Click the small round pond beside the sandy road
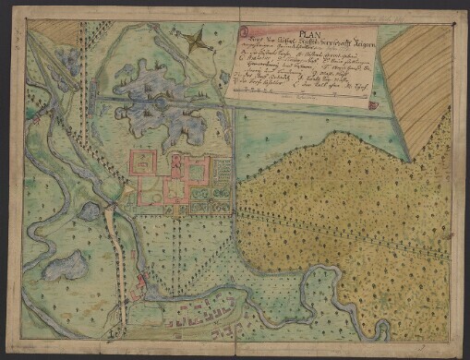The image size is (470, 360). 89,211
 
